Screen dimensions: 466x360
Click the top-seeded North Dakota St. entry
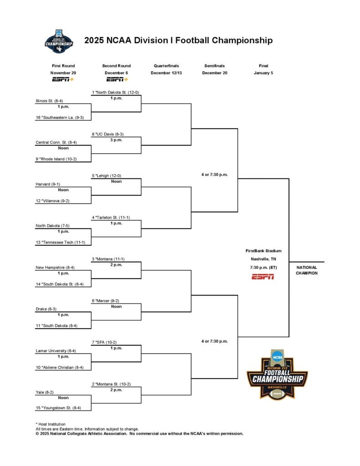tap(115, 92)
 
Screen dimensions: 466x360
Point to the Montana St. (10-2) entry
tap(112, 384)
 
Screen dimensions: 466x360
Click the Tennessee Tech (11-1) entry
tap(61, 242)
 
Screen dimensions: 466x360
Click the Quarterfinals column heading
tap(166, 66)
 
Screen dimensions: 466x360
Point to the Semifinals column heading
tap(214, 66)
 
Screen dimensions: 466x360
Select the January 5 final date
tap(263, 73)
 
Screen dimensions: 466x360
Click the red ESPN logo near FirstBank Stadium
tap(263, 277)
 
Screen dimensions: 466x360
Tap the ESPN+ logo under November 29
tap(63, 80)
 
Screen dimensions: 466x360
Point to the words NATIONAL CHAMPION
tap(306, 270)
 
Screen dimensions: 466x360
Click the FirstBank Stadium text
tap(263, 251)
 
